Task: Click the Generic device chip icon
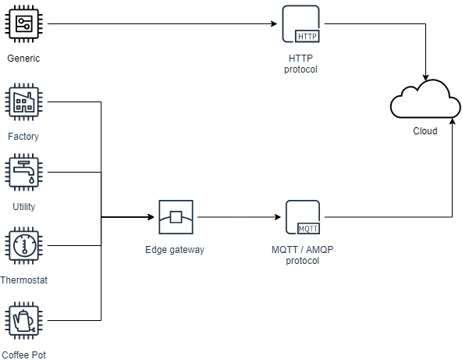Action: pos(24,24)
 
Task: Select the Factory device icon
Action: pos(24,102)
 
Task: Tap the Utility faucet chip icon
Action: pos(24,172)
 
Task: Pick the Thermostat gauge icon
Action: pos(24,246)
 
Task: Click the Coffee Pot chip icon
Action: pos(24,320)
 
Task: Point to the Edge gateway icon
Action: pos(176,217)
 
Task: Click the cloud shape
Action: pos(425,98)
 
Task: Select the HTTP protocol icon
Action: pos(300,24)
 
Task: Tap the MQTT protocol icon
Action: pos(303,217)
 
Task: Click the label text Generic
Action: pos(23,59)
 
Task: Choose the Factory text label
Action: pos(23,137)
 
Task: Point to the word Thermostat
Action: pos(23,280)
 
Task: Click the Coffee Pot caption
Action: pos(23,355)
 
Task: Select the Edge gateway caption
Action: pos(175,250)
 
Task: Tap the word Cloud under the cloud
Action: pos(425,131)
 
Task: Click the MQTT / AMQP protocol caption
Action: pos(303,255)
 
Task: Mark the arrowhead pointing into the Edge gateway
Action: pos(151,217)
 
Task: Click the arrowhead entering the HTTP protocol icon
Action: pos(274,24)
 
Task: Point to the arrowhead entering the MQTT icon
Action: pos(278,217)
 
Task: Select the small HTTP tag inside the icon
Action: pos(307,37)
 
